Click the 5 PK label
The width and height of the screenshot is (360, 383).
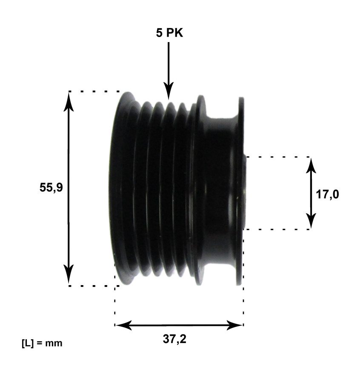click(x=169, y=33)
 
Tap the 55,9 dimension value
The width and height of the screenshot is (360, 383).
click(x=51, y=188)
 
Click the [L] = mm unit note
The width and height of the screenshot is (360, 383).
click(x=42, y=343)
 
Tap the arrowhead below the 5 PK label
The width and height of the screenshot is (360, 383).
click(x=169, y=91)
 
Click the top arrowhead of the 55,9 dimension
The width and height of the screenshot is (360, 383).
click(x=69, y=100)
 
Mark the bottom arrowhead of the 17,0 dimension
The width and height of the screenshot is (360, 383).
click(x=311, y=221)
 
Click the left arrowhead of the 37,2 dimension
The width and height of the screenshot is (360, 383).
click(x=123, y=326)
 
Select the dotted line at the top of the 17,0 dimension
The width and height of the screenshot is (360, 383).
click(x=277, y=157)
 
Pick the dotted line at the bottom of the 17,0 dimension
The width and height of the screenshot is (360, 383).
click(x=277, y=230)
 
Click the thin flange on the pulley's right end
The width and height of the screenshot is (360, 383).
click(x=241, y=191)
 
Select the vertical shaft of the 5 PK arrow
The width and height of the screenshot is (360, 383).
click(x=169, y=64)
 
